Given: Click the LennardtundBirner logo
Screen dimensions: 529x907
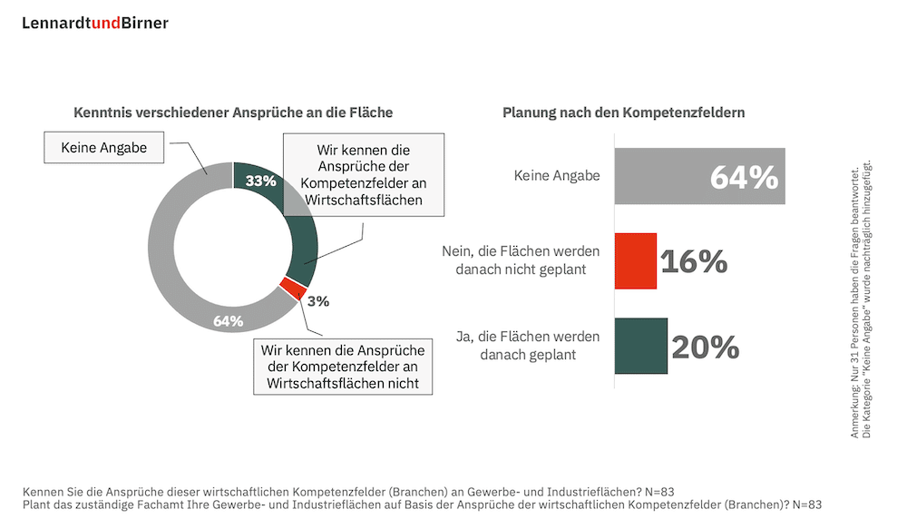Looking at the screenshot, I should tap(95, 24).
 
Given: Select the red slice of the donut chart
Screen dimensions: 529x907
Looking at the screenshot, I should tap(292, 289).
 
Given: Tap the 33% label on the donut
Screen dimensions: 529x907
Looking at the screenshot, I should tap(260, 181).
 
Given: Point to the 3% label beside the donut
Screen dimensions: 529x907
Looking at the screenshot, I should tap(318, 301).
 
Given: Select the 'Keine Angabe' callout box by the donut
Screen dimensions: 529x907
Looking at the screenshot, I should tap(103, 147).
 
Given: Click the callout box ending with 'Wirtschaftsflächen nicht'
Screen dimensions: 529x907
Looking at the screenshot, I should tap(343, 366).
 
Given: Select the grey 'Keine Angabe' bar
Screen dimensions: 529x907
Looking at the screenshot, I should tap(699, 176).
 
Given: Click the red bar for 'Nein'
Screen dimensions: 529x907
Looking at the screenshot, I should tap(635, 261).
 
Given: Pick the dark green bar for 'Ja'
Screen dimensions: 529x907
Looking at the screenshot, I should tap(640, 346).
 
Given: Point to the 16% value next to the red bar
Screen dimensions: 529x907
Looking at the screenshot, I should tap(694, 261).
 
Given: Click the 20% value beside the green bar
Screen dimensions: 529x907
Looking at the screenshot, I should tap(706, 347).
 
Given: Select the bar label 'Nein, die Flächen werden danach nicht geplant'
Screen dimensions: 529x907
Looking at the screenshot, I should tap(521, 261).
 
